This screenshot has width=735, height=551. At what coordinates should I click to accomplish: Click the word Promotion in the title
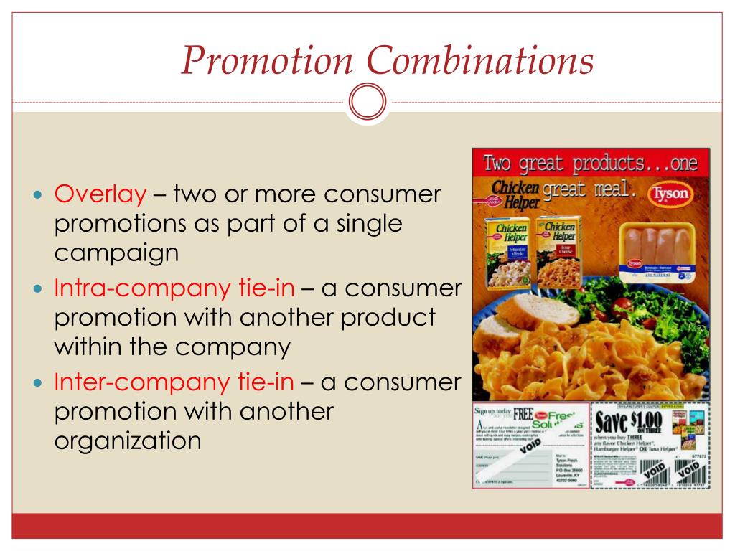coord(266,61)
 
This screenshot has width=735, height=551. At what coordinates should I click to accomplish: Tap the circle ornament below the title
coord(367,103)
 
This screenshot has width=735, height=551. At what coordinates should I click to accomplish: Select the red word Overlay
coord(100,194)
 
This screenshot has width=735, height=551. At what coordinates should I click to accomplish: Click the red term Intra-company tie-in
coord(174,288)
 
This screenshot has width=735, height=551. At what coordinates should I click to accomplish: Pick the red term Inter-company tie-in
coord(174,382)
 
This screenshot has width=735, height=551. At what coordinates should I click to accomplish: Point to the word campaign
coord(116,253)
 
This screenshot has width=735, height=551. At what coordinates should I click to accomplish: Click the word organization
coord(128,440)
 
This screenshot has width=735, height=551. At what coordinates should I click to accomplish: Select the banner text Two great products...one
coord(590,163)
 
